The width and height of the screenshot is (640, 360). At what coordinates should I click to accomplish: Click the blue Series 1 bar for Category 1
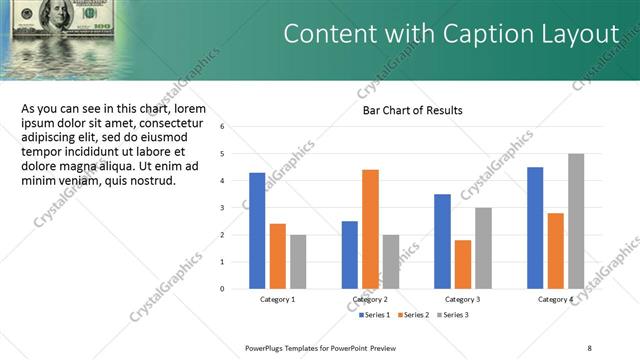pyautogui.click(x=257, y=231)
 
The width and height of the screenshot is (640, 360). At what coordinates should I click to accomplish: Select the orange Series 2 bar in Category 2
pyautogui.click(x=370, y=229)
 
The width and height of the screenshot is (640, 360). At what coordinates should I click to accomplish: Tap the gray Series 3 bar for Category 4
pyautogui.click(x=576, y=221)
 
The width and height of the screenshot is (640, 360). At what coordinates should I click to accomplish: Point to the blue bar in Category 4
pyautogui.click(x=535, y=228)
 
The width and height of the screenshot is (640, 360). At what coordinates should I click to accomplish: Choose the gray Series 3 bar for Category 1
pyautogui.click(x=298, y=262)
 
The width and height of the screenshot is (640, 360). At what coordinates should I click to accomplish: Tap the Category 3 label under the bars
pyautogui.click(x=462, y=300)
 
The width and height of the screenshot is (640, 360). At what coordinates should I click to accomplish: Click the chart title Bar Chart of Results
pyautogui.click(x=412, y=110)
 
